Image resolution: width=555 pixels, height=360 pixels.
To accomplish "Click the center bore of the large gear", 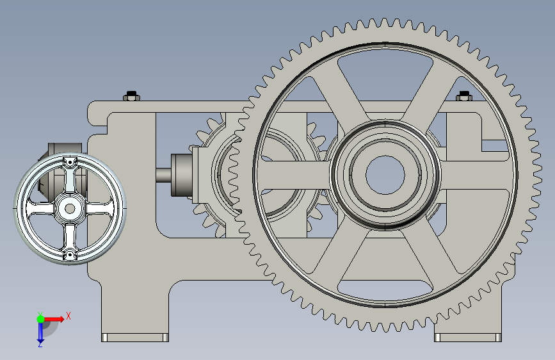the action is pos(385,175).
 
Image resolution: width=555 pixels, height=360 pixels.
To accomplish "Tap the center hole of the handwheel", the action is pos(70,208).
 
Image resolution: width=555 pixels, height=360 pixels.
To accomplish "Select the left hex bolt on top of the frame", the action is pos(132,95).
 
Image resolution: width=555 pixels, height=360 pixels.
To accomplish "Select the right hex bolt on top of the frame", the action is pos(463,95).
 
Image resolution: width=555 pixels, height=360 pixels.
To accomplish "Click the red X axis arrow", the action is pos(53,319).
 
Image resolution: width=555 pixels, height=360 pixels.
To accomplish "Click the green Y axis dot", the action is pos(40,319).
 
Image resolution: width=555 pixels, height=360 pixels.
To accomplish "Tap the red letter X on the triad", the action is pos(68,316).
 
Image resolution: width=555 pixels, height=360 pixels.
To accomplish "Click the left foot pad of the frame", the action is pos(135,338).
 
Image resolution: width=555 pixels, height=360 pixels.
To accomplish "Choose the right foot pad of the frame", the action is pos(467,338).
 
